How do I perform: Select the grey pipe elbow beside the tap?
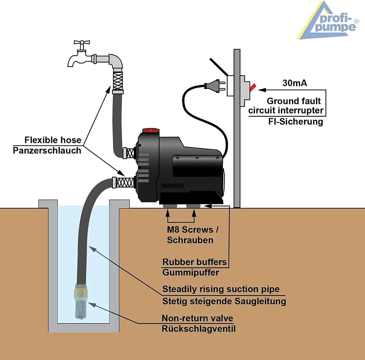tap(116, 61)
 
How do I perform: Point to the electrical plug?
tap(215, 86)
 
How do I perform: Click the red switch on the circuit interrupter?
tap(253, 87)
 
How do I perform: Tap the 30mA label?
tap(295, 83)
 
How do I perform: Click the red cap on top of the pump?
tap(151, 131)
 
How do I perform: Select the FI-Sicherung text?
tap(295, 122)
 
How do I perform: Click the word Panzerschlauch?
tap(47, 151)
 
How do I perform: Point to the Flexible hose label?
tap(53, 140)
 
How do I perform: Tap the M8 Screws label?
tap(193, 229)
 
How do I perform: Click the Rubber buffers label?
tap(195, 262)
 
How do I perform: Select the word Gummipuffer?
tap(191, 273)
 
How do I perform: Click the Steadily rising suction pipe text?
tap(221, 289)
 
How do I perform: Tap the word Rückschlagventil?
tap(199, 329)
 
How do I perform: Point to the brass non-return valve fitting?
tap(82, 292)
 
